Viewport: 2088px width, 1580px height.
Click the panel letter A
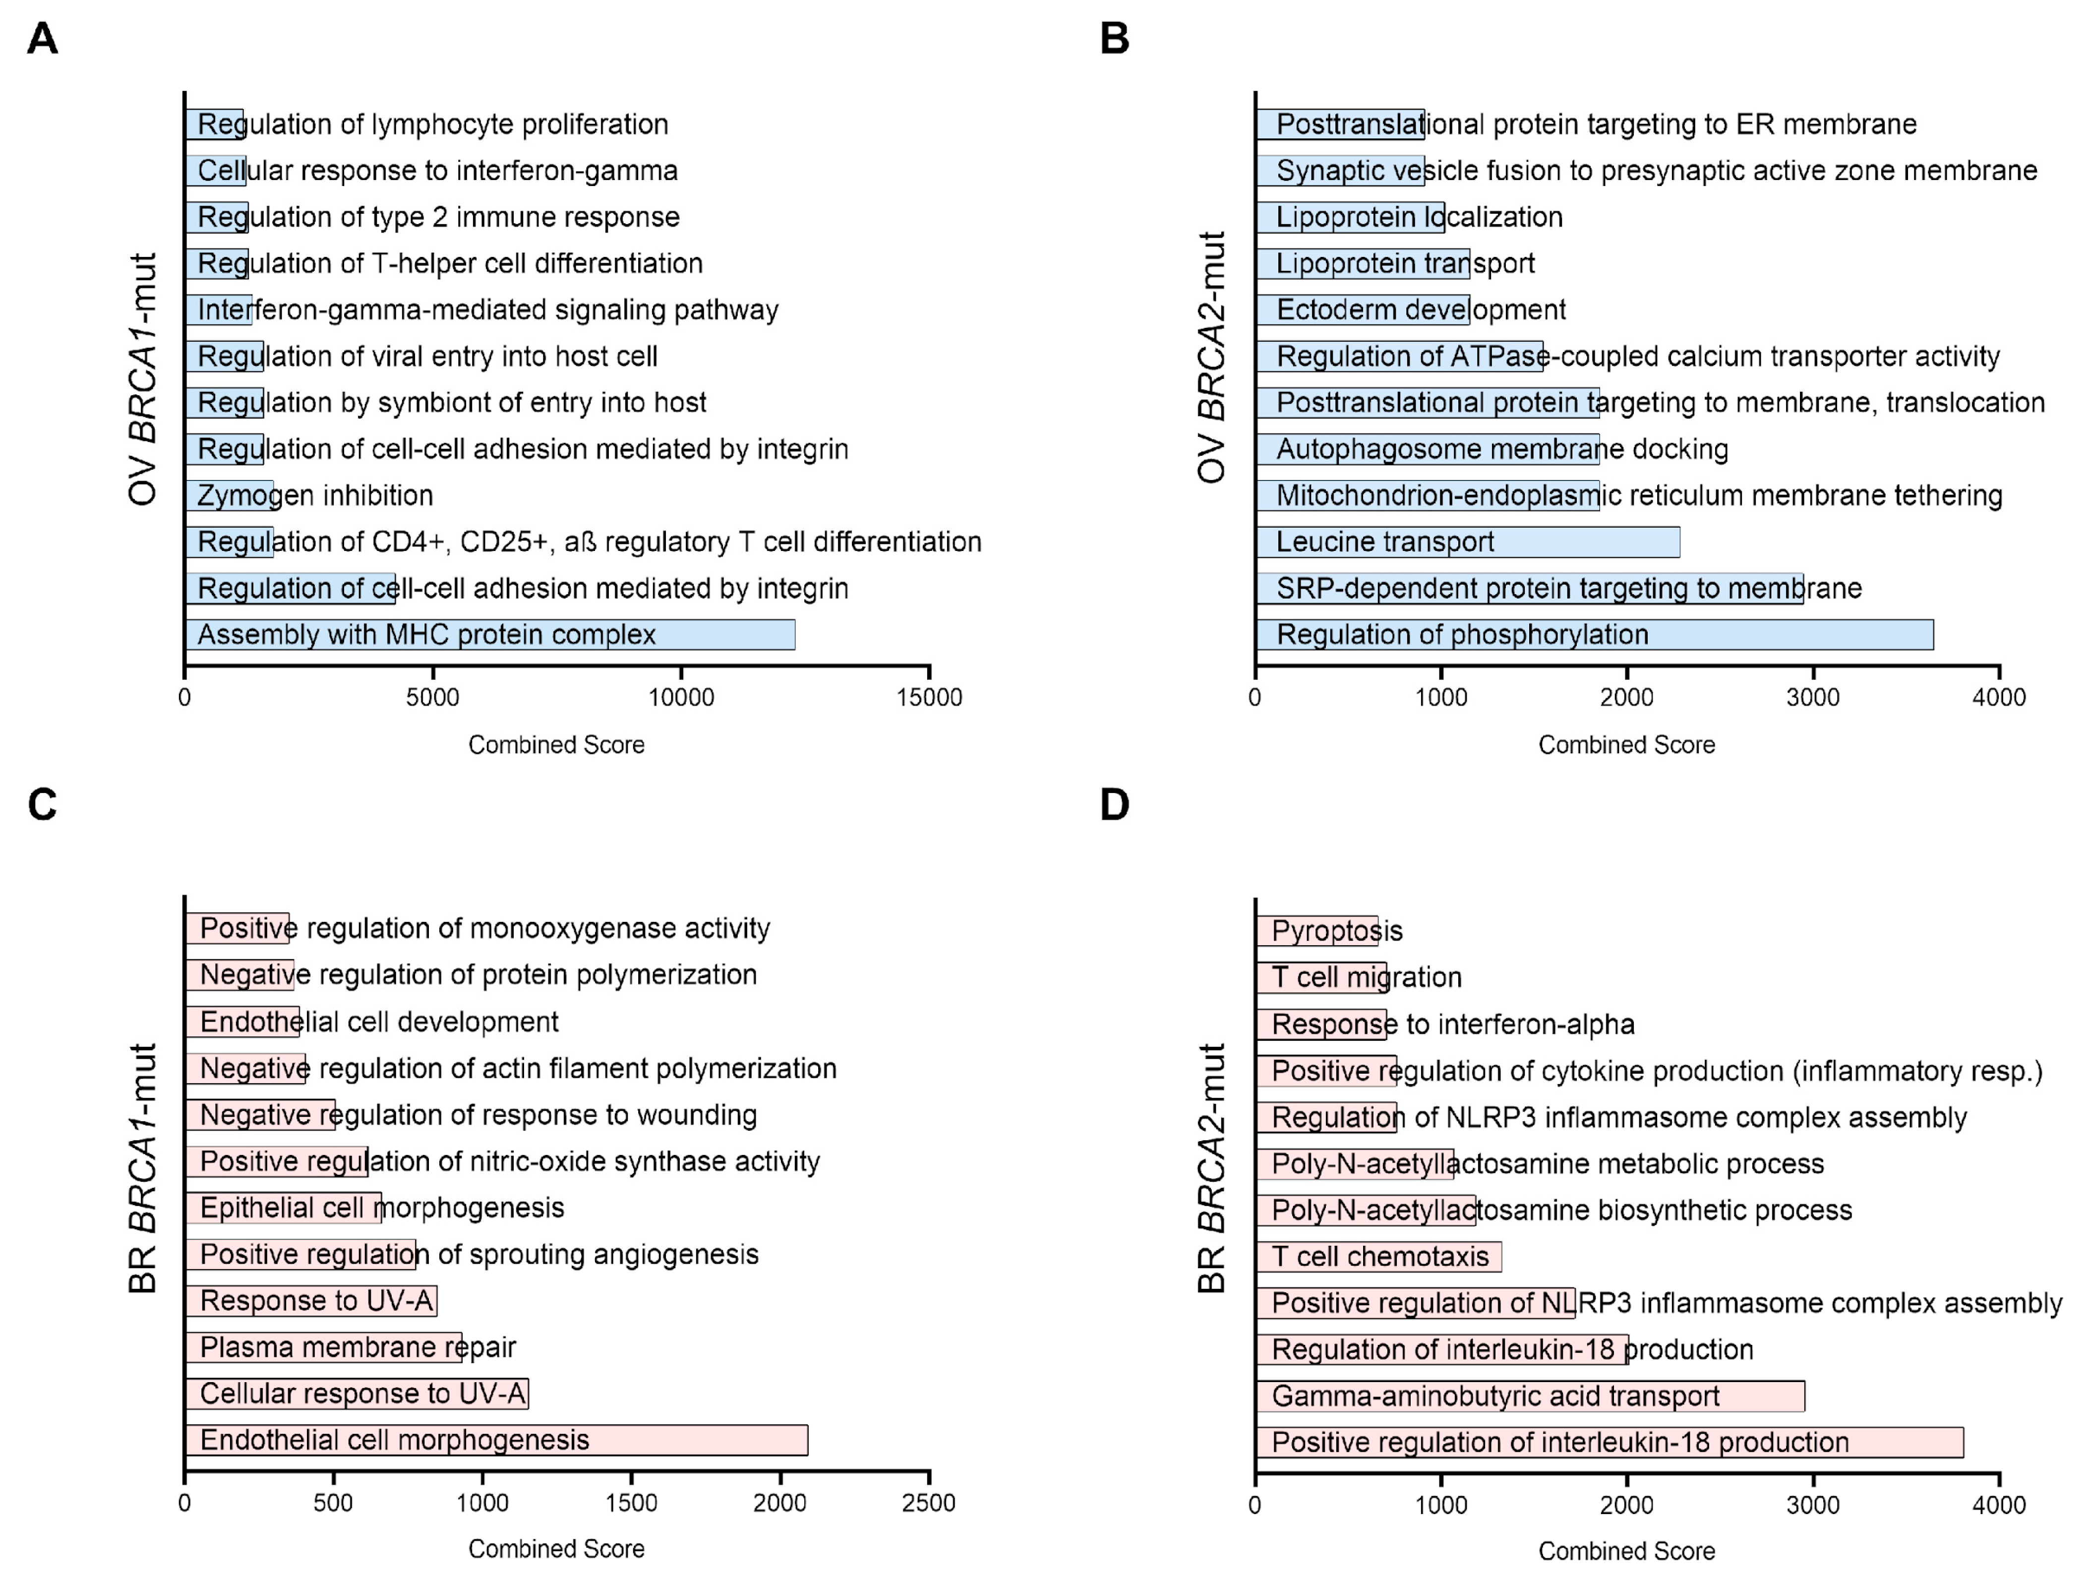pyautogui.click(x=43, y=40)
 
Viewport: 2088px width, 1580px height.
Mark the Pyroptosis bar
pyautogui.click(x=1317, y=931)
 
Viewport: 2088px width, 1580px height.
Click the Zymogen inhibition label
pyautogui.click(x=315, y=495)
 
